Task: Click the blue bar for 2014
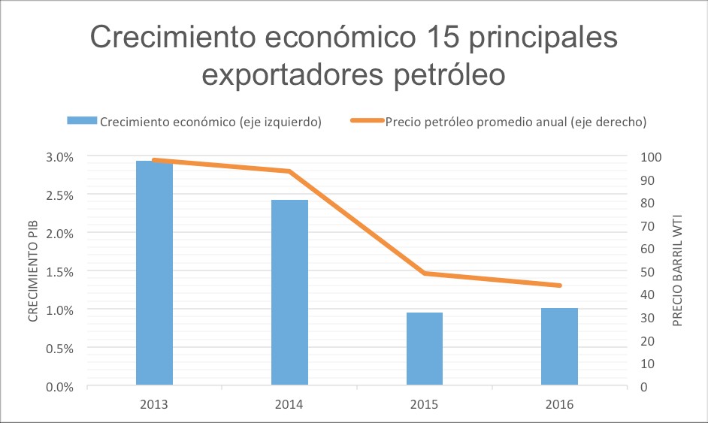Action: (289, 292)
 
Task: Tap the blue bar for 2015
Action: (425, 349)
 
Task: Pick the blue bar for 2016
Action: (560, 346)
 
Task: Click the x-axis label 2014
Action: (289, 404)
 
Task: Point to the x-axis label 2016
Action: (560, 404)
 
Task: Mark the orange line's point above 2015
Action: (425, 273)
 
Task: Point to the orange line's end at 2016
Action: (560, 286)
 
